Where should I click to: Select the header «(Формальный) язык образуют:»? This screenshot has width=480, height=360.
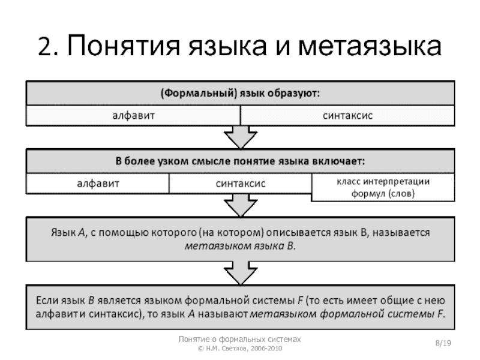coord(239,94)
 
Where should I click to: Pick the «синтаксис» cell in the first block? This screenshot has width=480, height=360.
coord(346,115)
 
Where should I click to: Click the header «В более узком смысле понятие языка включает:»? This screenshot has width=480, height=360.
coord(239,161)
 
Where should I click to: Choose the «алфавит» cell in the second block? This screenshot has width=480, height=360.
coord(97,183)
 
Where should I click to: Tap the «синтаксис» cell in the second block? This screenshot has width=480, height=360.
coord(240,183)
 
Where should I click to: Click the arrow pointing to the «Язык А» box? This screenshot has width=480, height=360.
coord(239,207)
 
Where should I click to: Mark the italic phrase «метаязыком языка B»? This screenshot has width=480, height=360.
coord(239,247)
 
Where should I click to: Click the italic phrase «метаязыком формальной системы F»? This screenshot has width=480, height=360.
coord(346,313)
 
